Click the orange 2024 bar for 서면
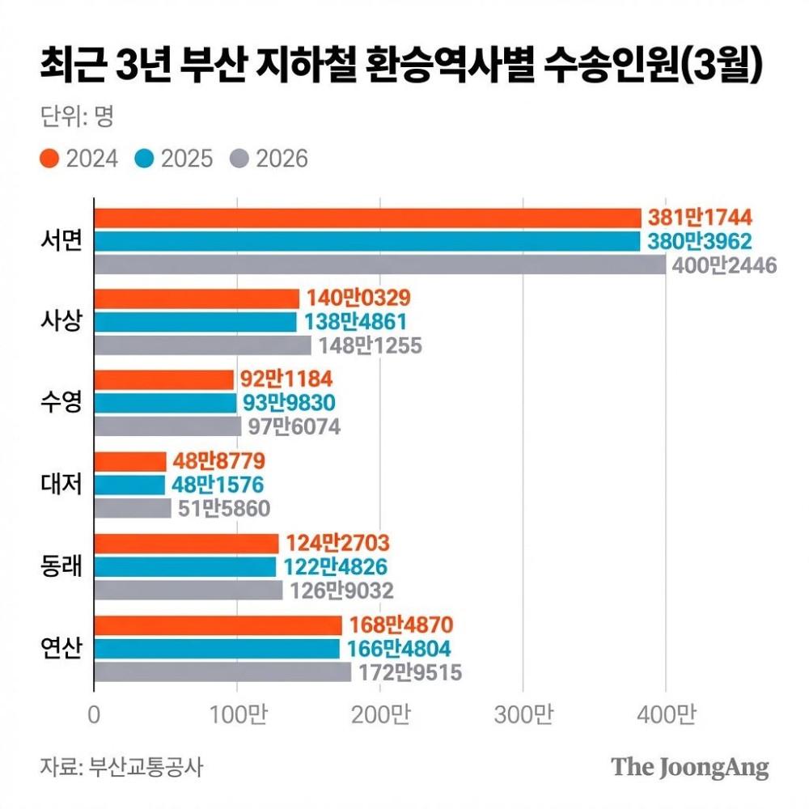[367, 218]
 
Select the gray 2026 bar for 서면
[379, 265]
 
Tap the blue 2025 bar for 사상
[196, 322]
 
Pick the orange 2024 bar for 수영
[163, 379]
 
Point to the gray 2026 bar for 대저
[133, 509]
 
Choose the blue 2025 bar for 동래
[185, 567]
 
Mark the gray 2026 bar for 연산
[222, 672]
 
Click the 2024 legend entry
[79, 158]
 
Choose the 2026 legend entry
[270, 158]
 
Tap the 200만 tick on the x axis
[380, 715]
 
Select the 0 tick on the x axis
[95, 715]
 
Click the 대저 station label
[61, 485]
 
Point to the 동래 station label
[61, 566]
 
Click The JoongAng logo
[689, 766]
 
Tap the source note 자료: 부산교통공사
[121, 766]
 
